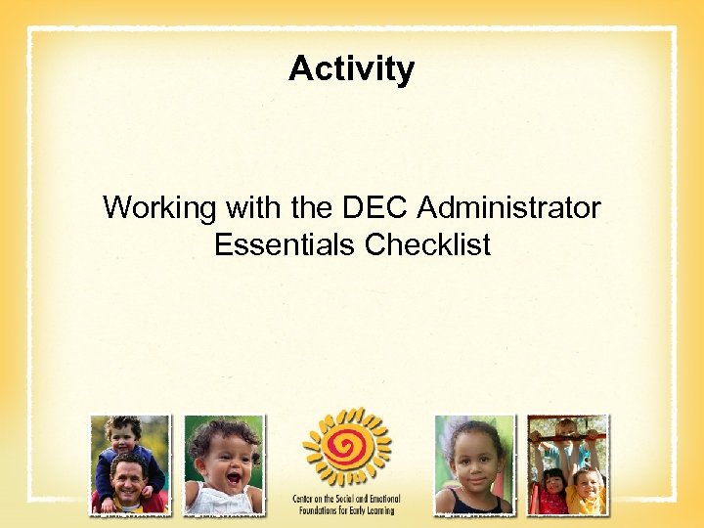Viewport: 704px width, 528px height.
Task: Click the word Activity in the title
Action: [351, 69]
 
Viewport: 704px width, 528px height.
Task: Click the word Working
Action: [161, 208]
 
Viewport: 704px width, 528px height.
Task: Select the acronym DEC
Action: [376, 208]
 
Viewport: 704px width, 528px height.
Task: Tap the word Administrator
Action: [508, 208]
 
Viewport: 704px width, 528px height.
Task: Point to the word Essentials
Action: [286, 244]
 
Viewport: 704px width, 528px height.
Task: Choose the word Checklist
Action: [428, 244]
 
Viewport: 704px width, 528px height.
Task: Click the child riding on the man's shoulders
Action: [123, 445]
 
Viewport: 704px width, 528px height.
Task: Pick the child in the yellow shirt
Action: [587, 489]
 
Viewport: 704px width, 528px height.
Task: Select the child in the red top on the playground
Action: [553, 489]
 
